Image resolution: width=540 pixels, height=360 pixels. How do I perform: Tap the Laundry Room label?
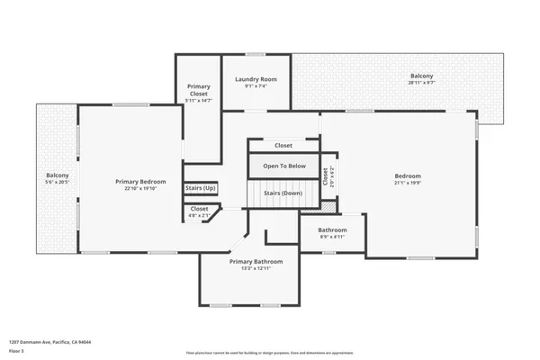coord(256,79)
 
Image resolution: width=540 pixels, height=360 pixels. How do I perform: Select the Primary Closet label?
coord(199,90)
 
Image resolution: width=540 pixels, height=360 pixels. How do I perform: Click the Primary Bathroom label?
coord(256,261)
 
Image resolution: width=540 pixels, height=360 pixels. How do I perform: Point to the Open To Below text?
coord(284,166)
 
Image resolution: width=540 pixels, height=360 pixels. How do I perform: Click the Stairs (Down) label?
coord(283,193)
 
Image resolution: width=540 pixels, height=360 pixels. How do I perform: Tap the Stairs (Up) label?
coord(201,188)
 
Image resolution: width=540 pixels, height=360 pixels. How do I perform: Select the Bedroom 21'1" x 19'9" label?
coord(408,175)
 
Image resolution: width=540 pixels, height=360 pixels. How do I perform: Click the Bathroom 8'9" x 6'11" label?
coord(332,229)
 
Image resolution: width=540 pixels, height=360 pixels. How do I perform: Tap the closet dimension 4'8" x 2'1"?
coord(199,215)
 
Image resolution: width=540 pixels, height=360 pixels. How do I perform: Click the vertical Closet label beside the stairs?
coord(325,176)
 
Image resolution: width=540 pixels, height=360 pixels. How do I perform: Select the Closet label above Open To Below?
coord(283,145)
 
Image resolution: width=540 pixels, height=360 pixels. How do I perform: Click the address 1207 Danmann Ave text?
coord(50,342)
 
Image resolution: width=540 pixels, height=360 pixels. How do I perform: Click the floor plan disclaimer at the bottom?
coord(270,352)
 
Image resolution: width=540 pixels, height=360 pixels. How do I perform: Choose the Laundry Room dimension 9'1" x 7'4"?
coord(256,86)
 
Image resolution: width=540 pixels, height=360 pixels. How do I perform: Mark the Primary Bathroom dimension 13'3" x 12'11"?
coord(256,268)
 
